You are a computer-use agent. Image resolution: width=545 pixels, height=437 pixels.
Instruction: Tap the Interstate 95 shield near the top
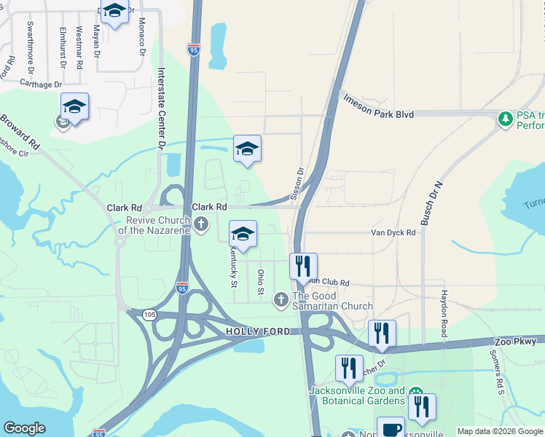193,50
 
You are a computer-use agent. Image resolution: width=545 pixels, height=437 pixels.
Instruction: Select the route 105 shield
149,315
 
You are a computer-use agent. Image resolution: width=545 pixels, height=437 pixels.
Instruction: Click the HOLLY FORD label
253,331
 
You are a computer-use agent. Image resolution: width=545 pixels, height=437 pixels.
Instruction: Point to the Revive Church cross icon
202,224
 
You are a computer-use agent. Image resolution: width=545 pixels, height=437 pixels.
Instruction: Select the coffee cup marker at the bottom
390,428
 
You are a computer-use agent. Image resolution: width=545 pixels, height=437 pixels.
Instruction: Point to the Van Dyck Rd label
393,233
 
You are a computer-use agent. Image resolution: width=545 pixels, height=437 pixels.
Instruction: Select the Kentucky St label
234,266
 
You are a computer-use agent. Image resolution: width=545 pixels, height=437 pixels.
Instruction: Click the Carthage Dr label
41,84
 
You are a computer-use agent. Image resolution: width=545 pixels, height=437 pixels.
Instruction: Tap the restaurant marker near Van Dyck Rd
303,266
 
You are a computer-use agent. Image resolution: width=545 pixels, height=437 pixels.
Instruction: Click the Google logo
25,428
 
